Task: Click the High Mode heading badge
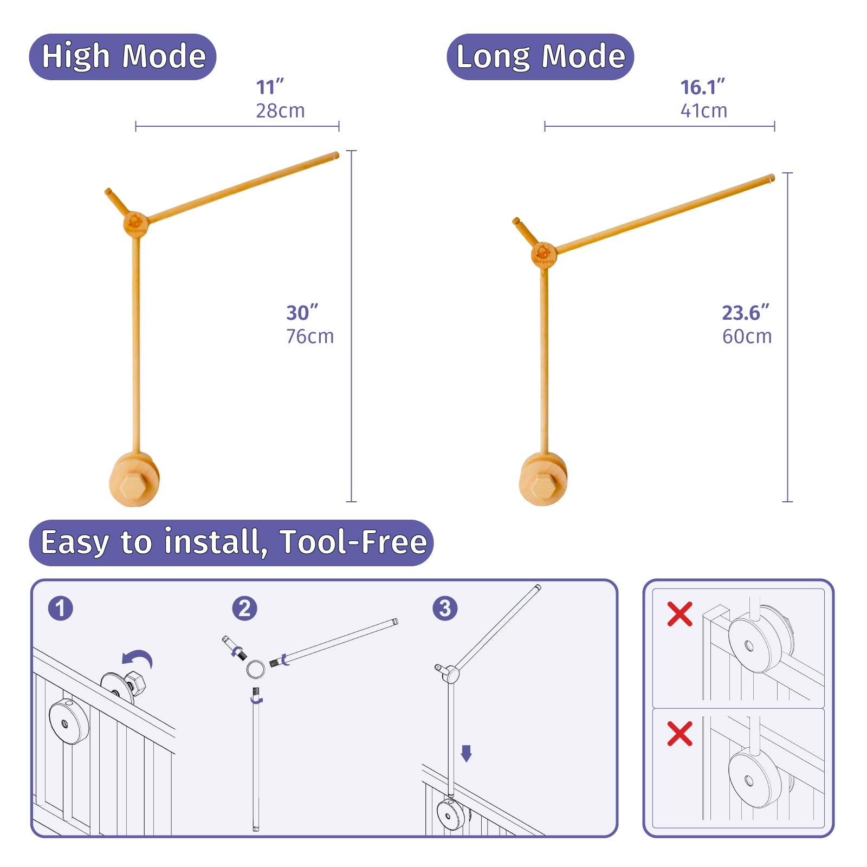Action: click(122, 57)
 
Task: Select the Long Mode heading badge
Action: click(540, 57)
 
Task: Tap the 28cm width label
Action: click(280, 111)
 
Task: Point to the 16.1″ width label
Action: click(702, 87)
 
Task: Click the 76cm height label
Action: click(310, 337)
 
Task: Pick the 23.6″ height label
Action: click(746, 313)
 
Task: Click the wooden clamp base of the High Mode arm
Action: click(134, 480)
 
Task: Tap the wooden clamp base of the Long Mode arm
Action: click(544, 479)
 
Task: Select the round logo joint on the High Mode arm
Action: click(135, 224)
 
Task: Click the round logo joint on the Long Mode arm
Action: click(544, 255)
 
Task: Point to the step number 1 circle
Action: click(60, 608)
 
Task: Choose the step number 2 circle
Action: click(244, 608)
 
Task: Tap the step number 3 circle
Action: click(445, 608)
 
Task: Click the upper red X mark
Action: click(680, 614)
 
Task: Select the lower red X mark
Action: click(680, 734)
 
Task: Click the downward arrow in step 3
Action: click(466, 753)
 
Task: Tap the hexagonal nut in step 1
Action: click(135, 683)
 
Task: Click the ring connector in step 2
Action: click(256, 669)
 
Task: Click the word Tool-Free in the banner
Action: click(353, 542)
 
